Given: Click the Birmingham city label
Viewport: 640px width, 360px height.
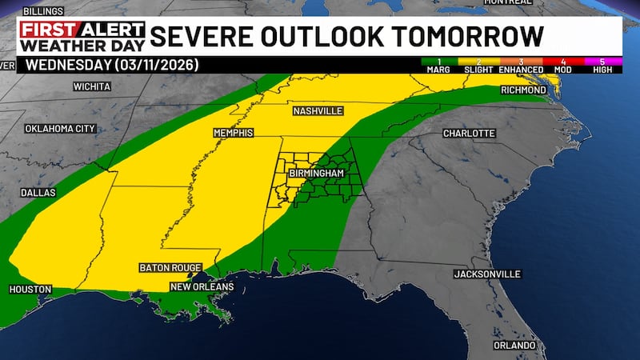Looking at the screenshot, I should point(318,173).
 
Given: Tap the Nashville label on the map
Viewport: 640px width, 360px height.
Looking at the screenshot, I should point(318,110).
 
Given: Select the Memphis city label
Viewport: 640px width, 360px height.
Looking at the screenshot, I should point(233,132).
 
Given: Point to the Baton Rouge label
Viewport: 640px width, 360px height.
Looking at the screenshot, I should point(170,267).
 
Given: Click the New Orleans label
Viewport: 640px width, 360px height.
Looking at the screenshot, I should point(201,286).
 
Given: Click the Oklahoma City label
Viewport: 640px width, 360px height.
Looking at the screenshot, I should point(60,128).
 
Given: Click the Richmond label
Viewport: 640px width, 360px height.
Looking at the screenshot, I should point(522,90).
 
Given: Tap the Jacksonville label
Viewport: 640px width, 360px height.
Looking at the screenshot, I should point(487,274).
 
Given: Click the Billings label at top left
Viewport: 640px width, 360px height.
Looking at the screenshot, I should point(44,12).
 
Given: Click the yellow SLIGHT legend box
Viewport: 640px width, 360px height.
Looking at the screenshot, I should point(478,65).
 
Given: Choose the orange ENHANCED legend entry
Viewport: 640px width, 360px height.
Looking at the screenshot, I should point(522,65).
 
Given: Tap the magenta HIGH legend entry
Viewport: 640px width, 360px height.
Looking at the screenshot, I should point(600,65).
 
